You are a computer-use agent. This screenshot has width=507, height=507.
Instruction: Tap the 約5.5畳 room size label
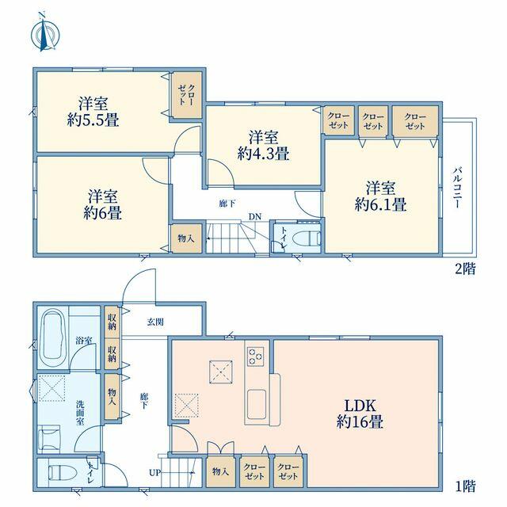93,120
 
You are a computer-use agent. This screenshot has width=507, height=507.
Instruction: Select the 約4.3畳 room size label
263,154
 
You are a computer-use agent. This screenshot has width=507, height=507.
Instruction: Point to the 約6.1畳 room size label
380,204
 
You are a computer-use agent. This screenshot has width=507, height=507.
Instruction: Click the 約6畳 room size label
102,213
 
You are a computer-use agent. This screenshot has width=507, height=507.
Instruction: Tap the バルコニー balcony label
457,187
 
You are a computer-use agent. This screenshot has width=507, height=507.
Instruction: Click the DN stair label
255,216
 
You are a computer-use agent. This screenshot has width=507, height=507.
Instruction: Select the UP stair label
154,473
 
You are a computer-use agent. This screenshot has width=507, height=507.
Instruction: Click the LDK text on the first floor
360,406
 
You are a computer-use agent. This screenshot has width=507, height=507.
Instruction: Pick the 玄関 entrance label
155,322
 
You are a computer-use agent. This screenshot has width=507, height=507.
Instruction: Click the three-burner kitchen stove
255,356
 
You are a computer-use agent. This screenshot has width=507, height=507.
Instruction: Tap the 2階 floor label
465,269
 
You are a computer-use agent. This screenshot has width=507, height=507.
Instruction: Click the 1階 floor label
465,486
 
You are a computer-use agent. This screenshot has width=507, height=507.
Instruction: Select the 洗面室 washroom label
79,412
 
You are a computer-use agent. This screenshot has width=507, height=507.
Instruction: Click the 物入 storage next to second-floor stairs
187,238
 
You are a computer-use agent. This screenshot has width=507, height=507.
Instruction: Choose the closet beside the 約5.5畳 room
187,94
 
